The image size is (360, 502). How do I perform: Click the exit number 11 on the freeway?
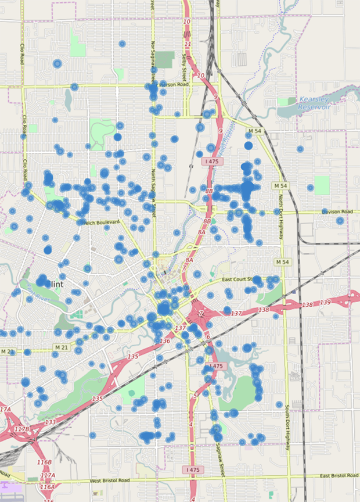tap(188, 44)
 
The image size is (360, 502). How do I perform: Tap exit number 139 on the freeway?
tap(325, 303)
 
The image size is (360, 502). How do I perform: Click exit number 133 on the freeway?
tap(51, 422)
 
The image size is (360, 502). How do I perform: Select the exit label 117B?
tap(21, 429)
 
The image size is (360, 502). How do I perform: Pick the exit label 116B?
tap(45, 462)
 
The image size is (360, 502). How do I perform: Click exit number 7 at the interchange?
tap(202, 314)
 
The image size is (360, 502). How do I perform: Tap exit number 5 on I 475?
tap(196, 396)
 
